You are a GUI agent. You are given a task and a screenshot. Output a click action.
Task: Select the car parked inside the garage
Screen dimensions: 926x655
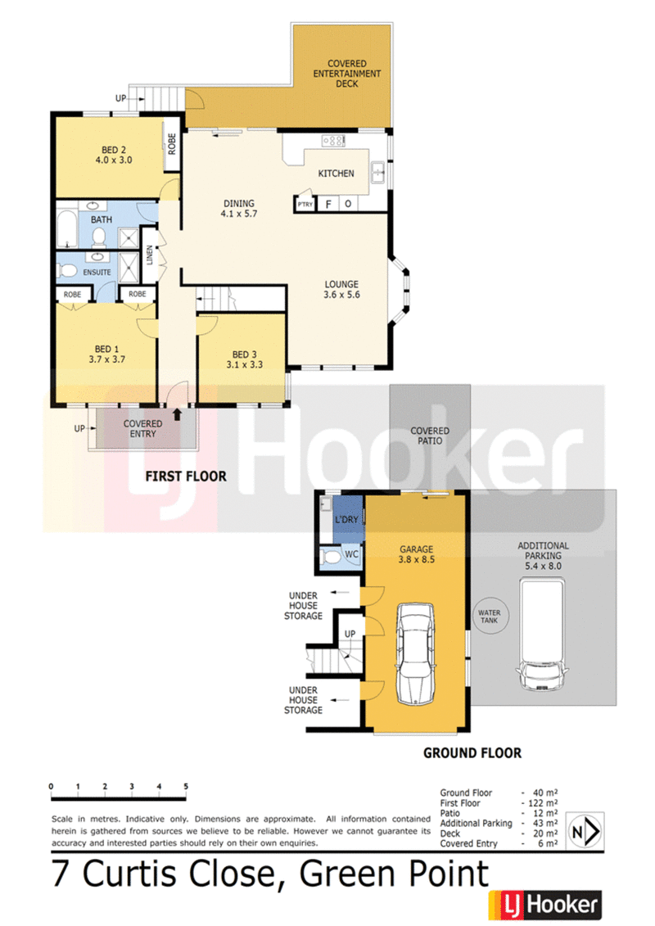[416, 654]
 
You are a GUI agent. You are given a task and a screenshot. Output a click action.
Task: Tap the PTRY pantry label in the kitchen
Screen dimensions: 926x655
[305, 204]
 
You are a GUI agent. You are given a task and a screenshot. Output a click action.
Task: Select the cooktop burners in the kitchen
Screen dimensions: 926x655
[333, 141]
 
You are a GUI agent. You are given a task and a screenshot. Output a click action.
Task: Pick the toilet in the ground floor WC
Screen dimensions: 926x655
[332, 557]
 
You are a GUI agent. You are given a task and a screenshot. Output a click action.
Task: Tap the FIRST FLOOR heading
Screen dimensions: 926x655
[185, 476]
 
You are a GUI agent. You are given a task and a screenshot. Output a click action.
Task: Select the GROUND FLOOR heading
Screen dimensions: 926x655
[472, 752]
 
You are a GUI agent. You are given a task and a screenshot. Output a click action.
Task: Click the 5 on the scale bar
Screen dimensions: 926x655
[186, 787]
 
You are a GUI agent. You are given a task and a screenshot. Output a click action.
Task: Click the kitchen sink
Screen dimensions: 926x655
[378, 172]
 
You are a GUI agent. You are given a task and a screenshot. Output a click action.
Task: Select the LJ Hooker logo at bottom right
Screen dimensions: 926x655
[544, 906]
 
